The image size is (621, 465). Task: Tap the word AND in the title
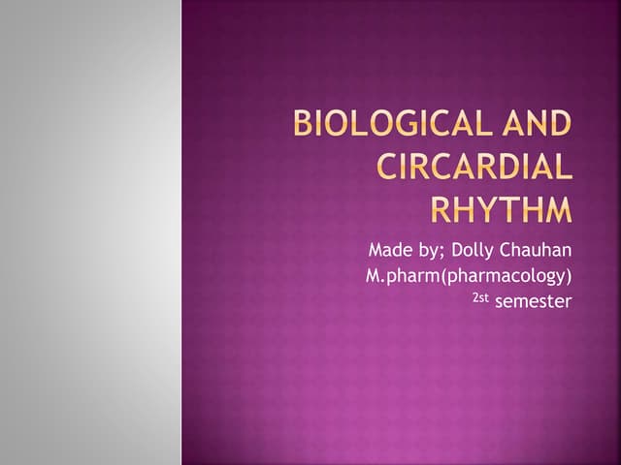click(x=537, y=125)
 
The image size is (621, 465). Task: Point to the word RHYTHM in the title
click(x=501, y=208)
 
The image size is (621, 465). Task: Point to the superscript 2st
click(x=480, y=297)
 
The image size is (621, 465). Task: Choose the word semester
click(x=533, y=302)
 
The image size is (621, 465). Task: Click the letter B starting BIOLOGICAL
click(x=303, y=125)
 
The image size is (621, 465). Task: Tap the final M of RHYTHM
click(x=556, y=208)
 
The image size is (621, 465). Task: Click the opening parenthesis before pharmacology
click(x=436, y=277)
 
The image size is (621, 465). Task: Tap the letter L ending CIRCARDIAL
click(x=564, y=167)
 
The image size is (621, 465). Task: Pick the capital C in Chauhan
click(x=510, y=252)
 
